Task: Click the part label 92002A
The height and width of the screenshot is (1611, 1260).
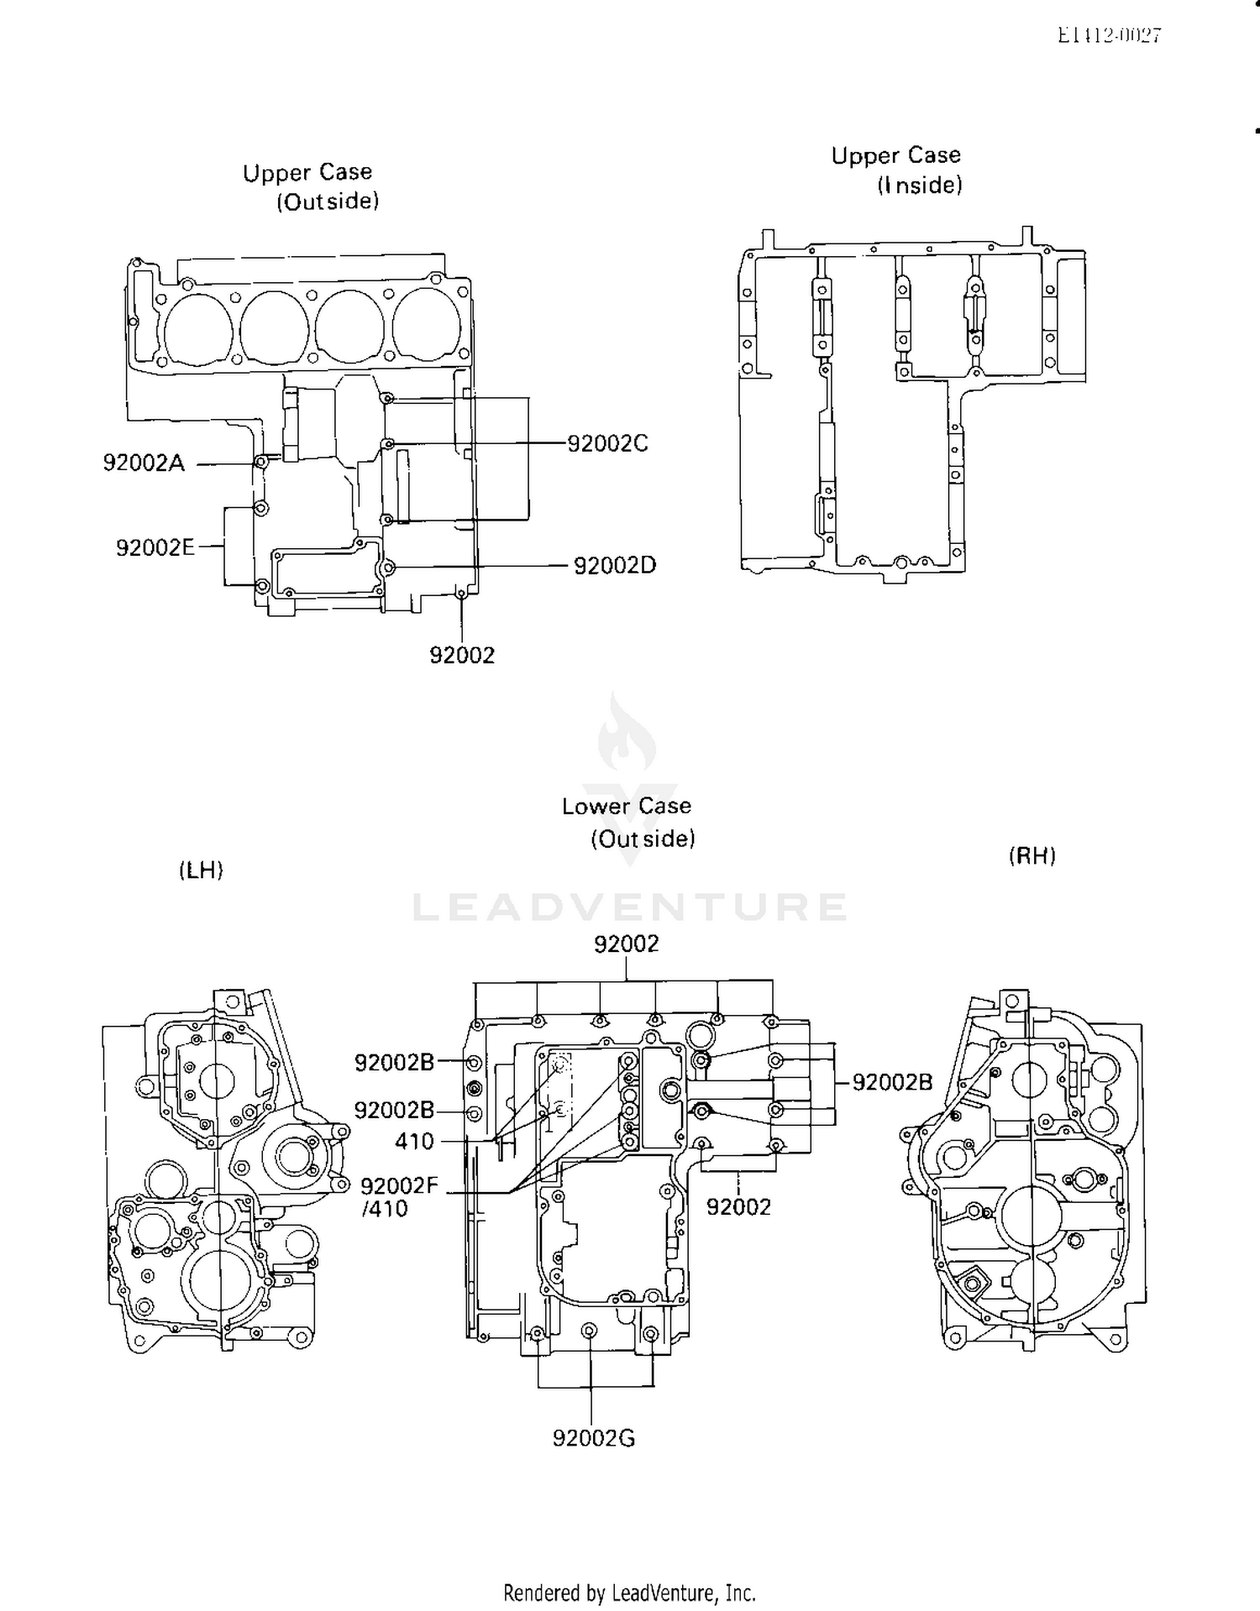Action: [144, 463]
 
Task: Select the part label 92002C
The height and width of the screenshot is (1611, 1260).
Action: [607, 443]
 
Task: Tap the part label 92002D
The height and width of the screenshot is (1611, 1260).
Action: [614, 566]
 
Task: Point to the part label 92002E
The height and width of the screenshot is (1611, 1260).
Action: [155, 548]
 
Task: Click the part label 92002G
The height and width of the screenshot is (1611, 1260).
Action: [593, 1438]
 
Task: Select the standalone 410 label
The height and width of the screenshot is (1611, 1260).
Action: [414, 1142]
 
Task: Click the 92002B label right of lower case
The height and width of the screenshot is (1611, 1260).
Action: [892, 1083]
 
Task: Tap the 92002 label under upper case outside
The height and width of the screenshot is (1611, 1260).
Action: [462, 656]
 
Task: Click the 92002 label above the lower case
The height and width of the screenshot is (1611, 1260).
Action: [627, 944]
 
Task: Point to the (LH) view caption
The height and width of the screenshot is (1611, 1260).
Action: [202, 871]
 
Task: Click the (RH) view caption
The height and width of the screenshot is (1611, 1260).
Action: [1032, 856]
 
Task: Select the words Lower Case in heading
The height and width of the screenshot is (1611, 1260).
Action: [627, 807]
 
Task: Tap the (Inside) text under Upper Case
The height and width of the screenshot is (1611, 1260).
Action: [920, 186]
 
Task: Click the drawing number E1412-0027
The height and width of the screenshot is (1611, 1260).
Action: [1109, 35]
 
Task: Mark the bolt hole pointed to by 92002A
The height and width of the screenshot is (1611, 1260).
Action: [261, 463]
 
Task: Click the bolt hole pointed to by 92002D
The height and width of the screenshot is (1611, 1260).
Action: [388, 568]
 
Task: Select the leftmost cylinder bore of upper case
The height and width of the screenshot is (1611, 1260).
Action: [198, 328]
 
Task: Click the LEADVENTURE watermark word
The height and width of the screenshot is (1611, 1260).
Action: [630, 907]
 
